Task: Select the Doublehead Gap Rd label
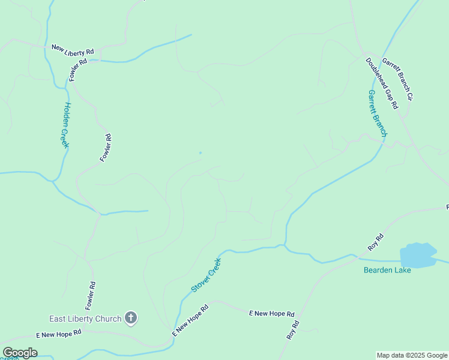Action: [x=382, y=83]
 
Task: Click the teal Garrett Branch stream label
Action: [x=378, y=113]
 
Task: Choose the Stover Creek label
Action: [x=206, y=275]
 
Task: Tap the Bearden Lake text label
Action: [x=387, y=270]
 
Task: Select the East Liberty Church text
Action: [x=86, y=319]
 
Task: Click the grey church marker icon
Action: [x=131, y=319]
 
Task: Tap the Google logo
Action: [x=20, y=353]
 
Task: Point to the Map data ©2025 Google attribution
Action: [x=412, y=355]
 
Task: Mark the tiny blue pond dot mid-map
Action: [x=200, y=152]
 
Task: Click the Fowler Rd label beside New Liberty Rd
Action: [x=78, y=70]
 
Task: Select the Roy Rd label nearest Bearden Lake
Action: [x=375, y=242]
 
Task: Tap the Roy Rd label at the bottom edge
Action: [x=292, y=331]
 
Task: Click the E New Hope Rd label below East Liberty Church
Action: [x=58, y=334]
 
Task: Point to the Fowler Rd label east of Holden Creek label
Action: [x=106, y=148]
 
